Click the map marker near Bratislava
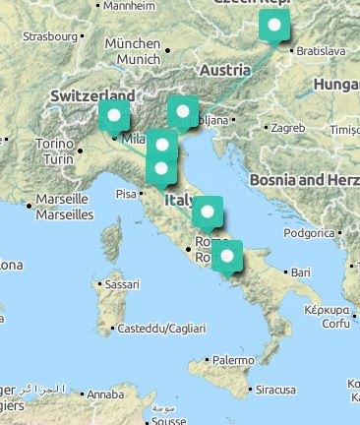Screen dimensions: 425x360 274,27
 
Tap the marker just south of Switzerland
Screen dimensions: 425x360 113,117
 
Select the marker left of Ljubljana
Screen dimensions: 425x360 182,111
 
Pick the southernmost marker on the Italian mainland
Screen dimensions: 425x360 227,257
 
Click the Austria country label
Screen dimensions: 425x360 224,71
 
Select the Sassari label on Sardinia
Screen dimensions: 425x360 122,284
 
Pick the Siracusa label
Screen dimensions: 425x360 276,390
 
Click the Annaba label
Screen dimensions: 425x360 105,395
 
